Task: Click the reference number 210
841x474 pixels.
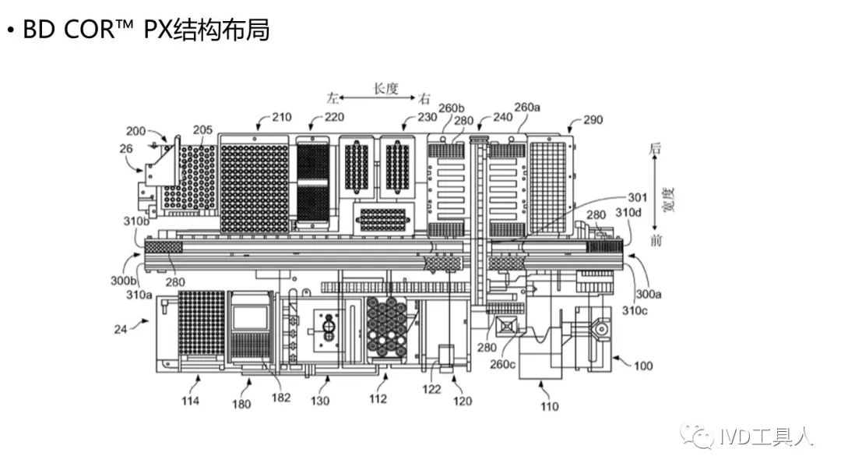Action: [281, 118]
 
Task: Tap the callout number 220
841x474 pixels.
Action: [333, 118]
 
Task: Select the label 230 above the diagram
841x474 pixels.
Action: [427, 118]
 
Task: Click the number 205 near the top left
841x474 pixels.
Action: [203, 129]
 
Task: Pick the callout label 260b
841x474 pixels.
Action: [452, 108]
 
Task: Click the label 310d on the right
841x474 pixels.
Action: [628, 213]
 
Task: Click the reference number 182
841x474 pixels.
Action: [281, 398]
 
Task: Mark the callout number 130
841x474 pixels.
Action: [320, 401]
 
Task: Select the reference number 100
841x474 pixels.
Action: [643, 366]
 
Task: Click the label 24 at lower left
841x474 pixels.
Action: [120, 329]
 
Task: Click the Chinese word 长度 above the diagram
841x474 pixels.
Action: [385, 88]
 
